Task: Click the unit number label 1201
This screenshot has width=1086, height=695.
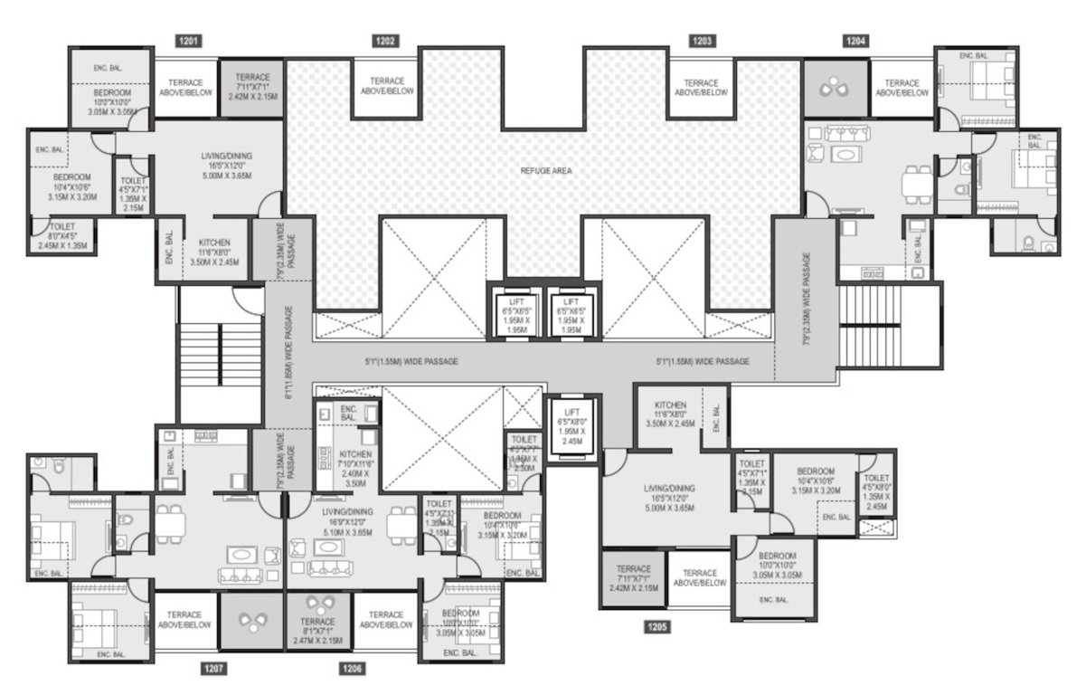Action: (x=189, y=41)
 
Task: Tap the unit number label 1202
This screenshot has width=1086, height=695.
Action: (x=385, y=41)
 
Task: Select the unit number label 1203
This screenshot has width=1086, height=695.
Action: (x=703, y=41)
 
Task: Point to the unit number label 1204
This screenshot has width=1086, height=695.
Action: (x=856, y=41)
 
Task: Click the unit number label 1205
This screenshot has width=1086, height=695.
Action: (x=657, y=625)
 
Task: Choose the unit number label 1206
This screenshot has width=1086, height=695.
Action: (x=353, y=669)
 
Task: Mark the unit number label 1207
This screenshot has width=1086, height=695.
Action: (x=214, y=669)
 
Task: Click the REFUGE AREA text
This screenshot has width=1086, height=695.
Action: (x=545, y=170)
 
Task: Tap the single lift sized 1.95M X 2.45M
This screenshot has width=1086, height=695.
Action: (x=571, y=430)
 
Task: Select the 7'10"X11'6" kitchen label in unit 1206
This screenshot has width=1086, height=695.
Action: (x=350, y=465)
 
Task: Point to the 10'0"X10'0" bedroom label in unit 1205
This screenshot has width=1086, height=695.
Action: (x=777, y=565)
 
